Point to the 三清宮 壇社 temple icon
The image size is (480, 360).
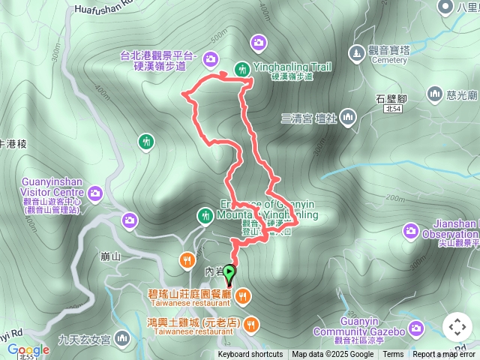click(x=347, y=117)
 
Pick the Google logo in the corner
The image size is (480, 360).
click(x=28, y=349)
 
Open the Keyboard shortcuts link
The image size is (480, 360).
click(x=250, y=355)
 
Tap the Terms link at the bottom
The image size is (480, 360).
click(x=393, y=355)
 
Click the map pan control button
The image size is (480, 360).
click(x=457, y=327)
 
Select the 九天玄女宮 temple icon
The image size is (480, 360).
click(x=122, y=340)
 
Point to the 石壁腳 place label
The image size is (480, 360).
click(x=391, y=98)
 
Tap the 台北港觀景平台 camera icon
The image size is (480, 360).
click(x=211, y=58)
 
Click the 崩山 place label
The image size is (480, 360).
click(x=110, y=256)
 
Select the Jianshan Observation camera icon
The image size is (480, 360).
click(x=410, y=229)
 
